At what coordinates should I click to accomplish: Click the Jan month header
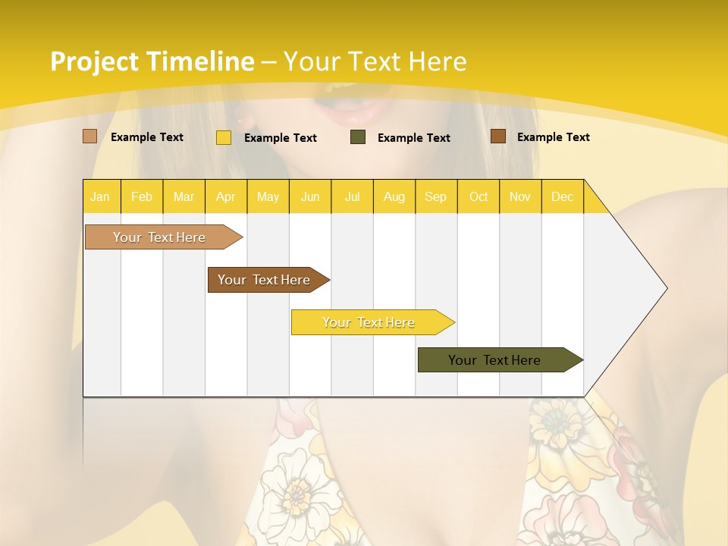pos(100,197)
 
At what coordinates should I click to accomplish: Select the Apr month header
pos(226,197)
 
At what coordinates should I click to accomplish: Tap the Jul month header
pos(353,197)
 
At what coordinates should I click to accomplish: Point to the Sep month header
pos(436,197)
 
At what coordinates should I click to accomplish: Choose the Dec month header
pos(562,197)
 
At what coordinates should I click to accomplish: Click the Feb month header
pos(142,197)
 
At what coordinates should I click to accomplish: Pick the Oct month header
pos(479,197)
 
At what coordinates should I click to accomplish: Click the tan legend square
pos(90,136)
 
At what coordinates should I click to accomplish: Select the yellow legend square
pos(224,137)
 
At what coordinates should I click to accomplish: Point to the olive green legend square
pos(358,137)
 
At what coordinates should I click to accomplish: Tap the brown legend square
pos(498,136)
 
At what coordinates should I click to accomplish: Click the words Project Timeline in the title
pos(152,61)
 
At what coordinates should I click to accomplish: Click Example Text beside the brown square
pos(553,137)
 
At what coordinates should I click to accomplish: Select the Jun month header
pos(310,197)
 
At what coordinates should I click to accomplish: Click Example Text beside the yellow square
pos(280,138)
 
